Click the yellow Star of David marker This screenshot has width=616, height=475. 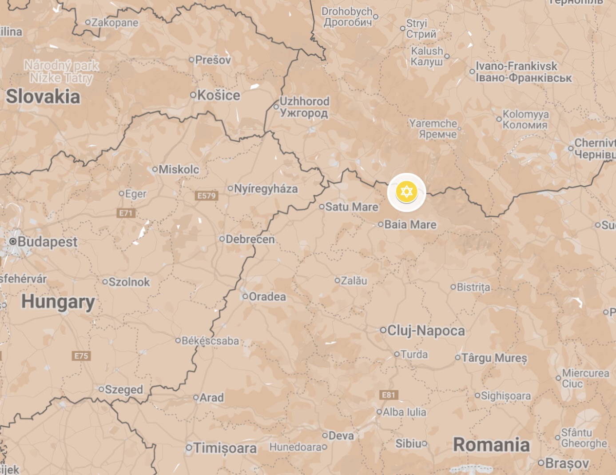(406, 192)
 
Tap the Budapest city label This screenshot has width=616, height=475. (47, 242)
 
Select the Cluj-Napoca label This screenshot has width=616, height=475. (426, 331)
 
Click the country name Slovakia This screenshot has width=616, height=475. (43, 96)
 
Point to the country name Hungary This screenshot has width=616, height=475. (58, 302)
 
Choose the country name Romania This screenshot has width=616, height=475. (491, 445)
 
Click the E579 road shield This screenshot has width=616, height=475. (207, 196)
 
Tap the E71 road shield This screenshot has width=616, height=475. (126, 213)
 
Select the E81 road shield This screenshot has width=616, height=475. (389, 395)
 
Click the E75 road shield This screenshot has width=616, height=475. (81, 356)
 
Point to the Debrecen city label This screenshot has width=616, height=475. (250, 239)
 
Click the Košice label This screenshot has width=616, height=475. (219, 95)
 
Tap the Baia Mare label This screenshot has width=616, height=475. (410, 224)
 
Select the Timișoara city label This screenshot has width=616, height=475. (225, 448)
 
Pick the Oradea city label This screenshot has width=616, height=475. (267, 296)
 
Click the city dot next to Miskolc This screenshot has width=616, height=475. (155, 169)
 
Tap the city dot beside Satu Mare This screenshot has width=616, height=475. (322, 207)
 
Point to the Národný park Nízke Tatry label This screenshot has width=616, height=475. (61, 72)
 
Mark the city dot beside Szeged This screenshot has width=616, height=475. (101, 389)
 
